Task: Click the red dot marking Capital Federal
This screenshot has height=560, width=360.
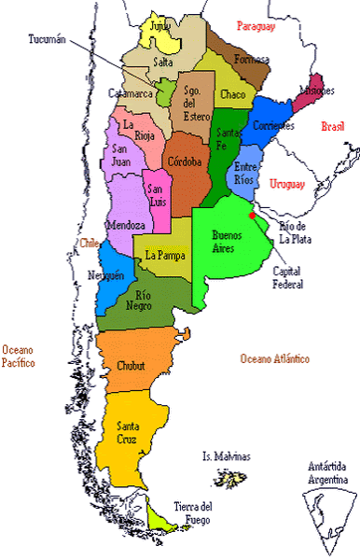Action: pos(253,216)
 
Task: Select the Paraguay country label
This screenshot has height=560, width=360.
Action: pos(257,26)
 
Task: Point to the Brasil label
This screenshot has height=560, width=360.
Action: pos(332,126)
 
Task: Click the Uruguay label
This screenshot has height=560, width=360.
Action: pos(287,184)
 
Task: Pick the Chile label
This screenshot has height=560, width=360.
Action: pos(90,243)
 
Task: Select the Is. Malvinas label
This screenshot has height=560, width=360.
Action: pos(227,456)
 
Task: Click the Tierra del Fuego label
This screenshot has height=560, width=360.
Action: pos(193,512)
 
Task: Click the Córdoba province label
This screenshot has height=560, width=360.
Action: pos(184,161)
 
